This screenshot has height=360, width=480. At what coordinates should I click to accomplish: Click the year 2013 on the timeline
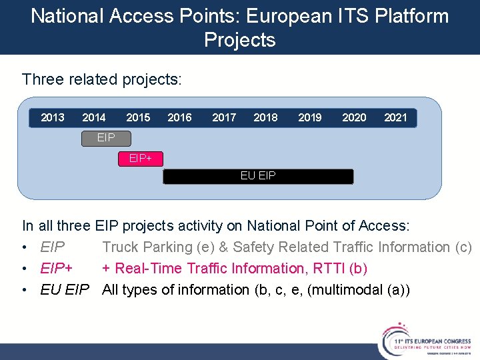[x=53, y=118]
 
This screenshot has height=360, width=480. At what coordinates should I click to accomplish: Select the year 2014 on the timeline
[x=94, y=118]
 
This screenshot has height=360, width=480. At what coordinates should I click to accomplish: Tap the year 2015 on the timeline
[x=138, y=118]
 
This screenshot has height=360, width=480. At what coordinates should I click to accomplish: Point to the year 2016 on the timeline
[x=179, y=118]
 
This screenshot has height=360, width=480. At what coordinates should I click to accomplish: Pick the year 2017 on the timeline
[x=224, y=118]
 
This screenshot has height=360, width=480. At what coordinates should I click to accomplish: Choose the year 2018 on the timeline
[x=265, y=118]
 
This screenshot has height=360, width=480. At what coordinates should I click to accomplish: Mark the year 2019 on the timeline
[x=310, y=118]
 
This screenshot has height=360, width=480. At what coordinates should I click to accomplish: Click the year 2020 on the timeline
[x=354, y=118]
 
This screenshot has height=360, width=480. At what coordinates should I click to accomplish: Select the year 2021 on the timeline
[x=395, y=118]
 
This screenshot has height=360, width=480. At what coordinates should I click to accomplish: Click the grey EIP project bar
[x=106, y=138]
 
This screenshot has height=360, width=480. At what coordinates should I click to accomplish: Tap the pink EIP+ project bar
[x=140, y=159]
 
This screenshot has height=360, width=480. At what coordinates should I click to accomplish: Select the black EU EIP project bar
[x=258, y=176]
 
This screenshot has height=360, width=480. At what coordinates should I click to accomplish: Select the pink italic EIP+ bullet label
[x=56, y=268]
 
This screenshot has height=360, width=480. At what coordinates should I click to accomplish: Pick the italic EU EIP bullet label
[x=65, y=289]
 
